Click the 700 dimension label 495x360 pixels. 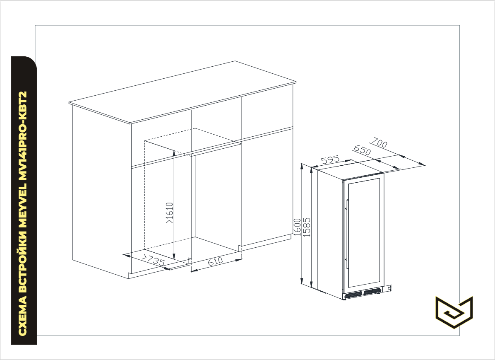pos(379,143)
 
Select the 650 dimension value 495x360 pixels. pos(362,150)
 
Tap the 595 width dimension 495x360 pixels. pos(330,160)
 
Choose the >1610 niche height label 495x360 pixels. pos(170,213)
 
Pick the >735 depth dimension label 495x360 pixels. pos(154,260)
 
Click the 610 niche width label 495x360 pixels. pos(216,261)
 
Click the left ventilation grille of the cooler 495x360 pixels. pos(353,295)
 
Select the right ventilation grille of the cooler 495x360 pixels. pos(372,291)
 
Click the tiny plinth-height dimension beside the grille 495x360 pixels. pos(389,288)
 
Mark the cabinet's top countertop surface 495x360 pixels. pos(183,92)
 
